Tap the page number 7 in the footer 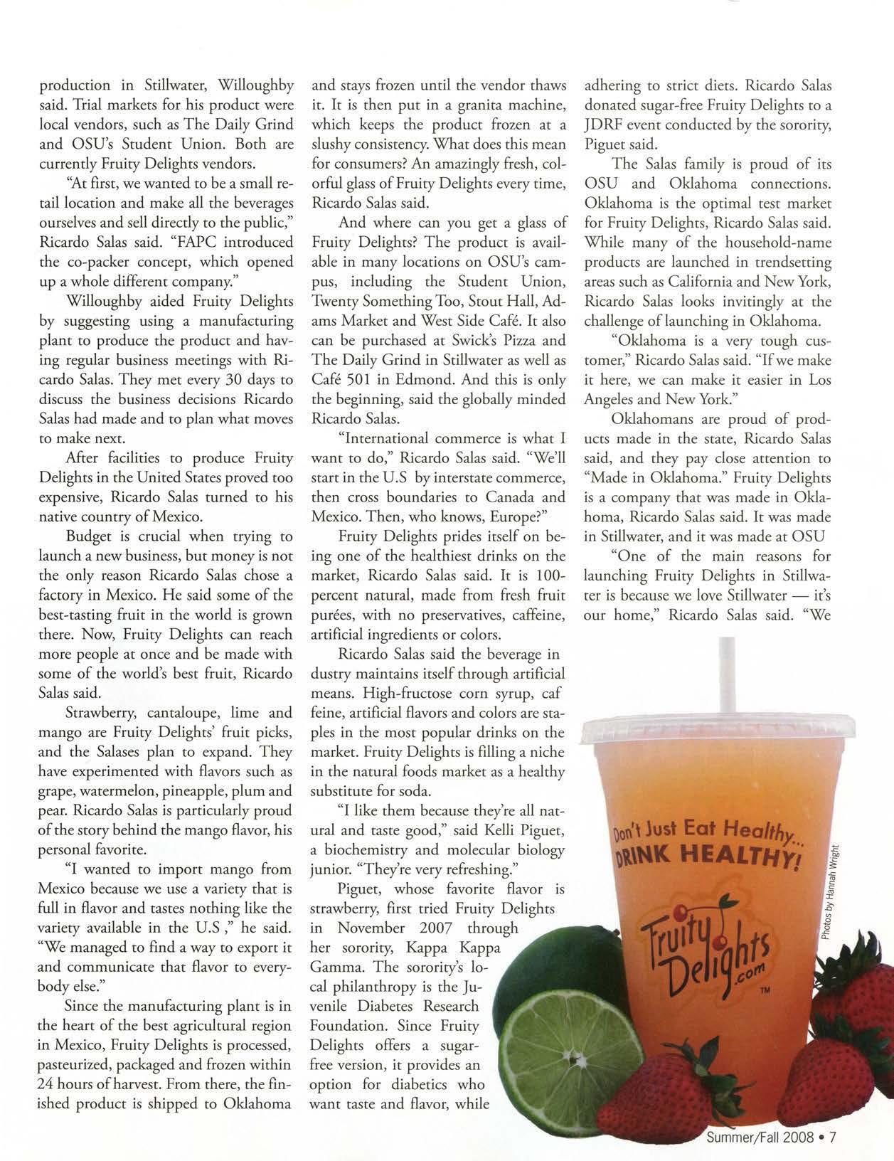[829, 1136]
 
